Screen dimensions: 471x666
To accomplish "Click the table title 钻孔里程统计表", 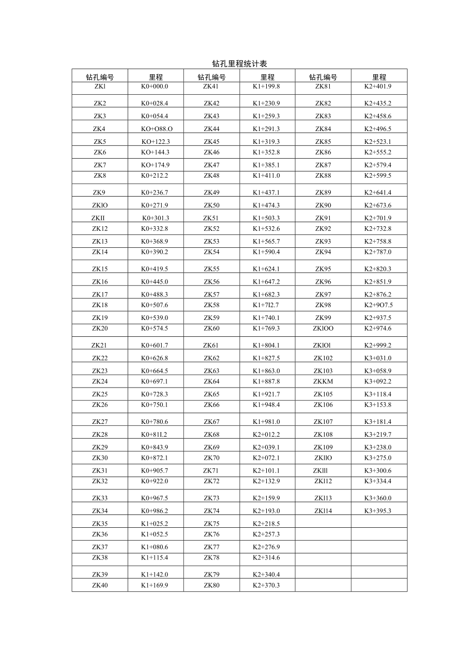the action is (x=240, y=64).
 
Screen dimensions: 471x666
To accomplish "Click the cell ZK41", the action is (x=211, y=87).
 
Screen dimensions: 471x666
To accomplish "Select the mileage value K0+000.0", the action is (x=155, y=87).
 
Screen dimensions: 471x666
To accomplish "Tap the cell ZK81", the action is (x=323, y=87).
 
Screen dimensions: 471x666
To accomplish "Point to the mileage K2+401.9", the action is (x=378, y=87).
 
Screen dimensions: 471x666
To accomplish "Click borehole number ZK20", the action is (x=100, y=328).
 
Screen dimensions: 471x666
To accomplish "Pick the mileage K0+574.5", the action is (x=155, y=328).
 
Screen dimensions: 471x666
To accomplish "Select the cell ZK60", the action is (x=211, y=328).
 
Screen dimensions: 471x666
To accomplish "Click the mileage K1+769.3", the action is (x=266, y=328).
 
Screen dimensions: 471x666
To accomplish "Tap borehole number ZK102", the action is (x=323, y=358).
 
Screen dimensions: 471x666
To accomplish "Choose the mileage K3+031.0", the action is (x=378, y=358).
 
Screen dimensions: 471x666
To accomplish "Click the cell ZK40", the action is (x=100, y=585).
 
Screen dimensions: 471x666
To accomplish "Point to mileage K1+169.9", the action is (x=155, y=585).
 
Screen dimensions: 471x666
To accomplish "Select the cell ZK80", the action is (x=211, y=585).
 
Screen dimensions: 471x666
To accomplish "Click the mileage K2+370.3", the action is (x=266, y=585).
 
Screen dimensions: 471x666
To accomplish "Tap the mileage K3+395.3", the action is (x=378, y=510).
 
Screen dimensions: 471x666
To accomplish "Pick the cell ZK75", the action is (x=211, y=524).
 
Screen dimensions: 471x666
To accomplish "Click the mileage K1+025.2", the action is (x=155, y=524).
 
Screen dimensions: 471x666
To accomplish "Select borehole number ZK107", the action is (x=323, y=422).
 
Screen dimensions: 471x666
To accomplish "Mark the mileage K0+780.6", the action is (x=155, y=422).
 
